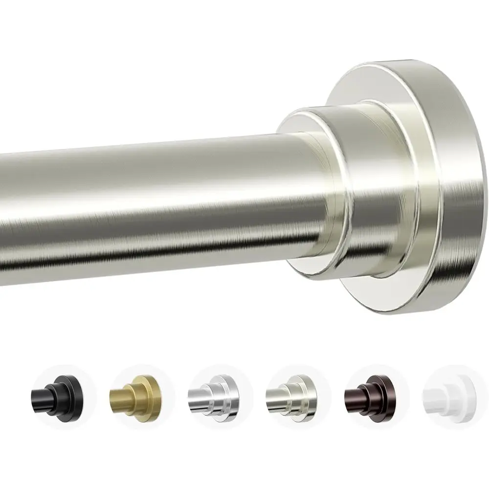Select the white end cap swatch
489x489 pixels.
click(x=444, y=391)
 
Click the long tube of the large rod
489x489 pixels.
click(x=147, y=196)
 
